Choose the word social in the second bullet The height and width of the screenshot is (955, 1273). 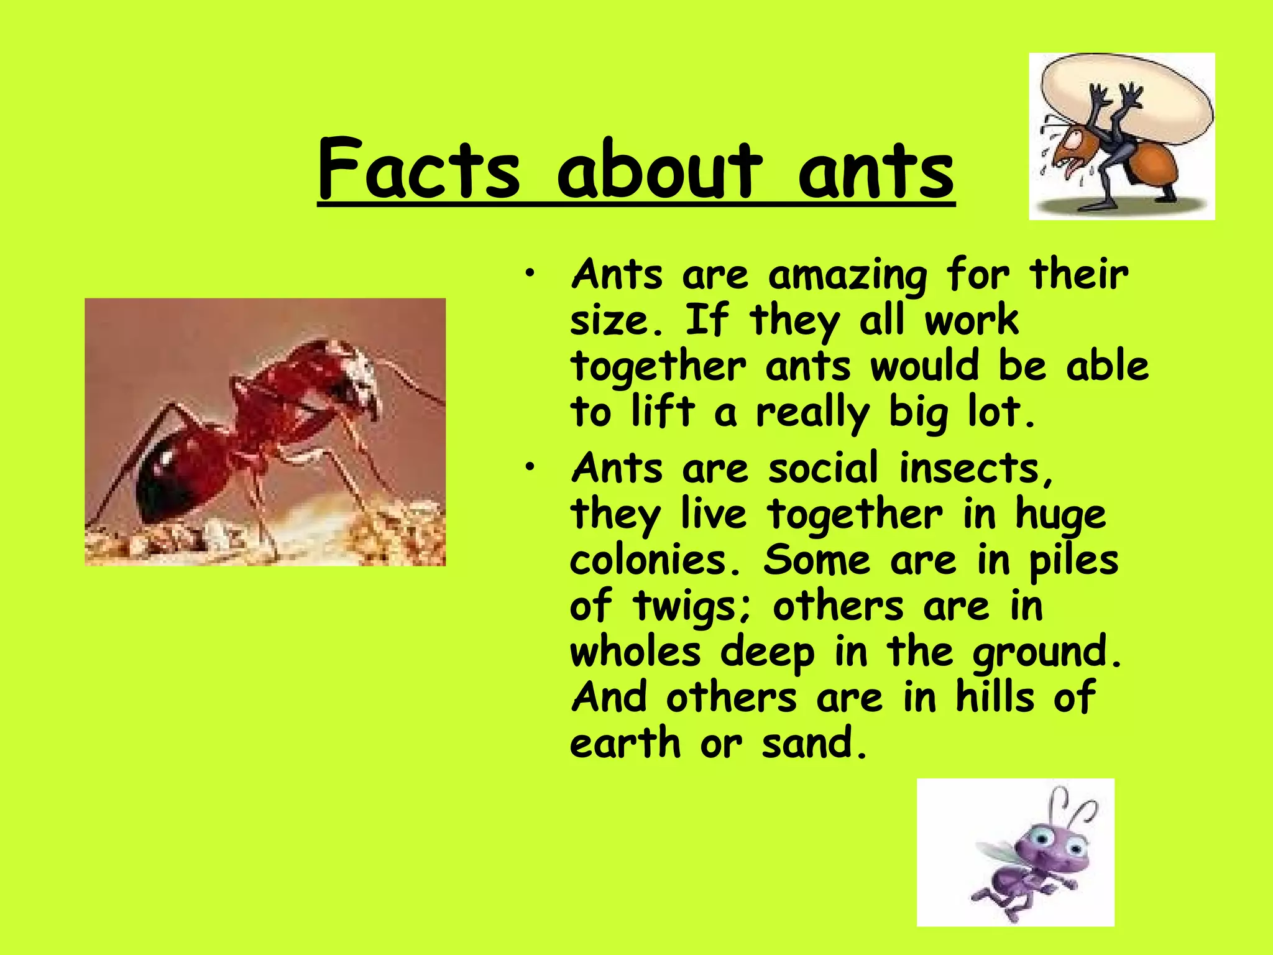click(824, 468)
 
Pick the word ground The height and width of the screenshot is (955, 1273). click(1047, 653)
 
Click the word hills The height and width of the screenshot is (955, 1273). click(995, 697)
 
